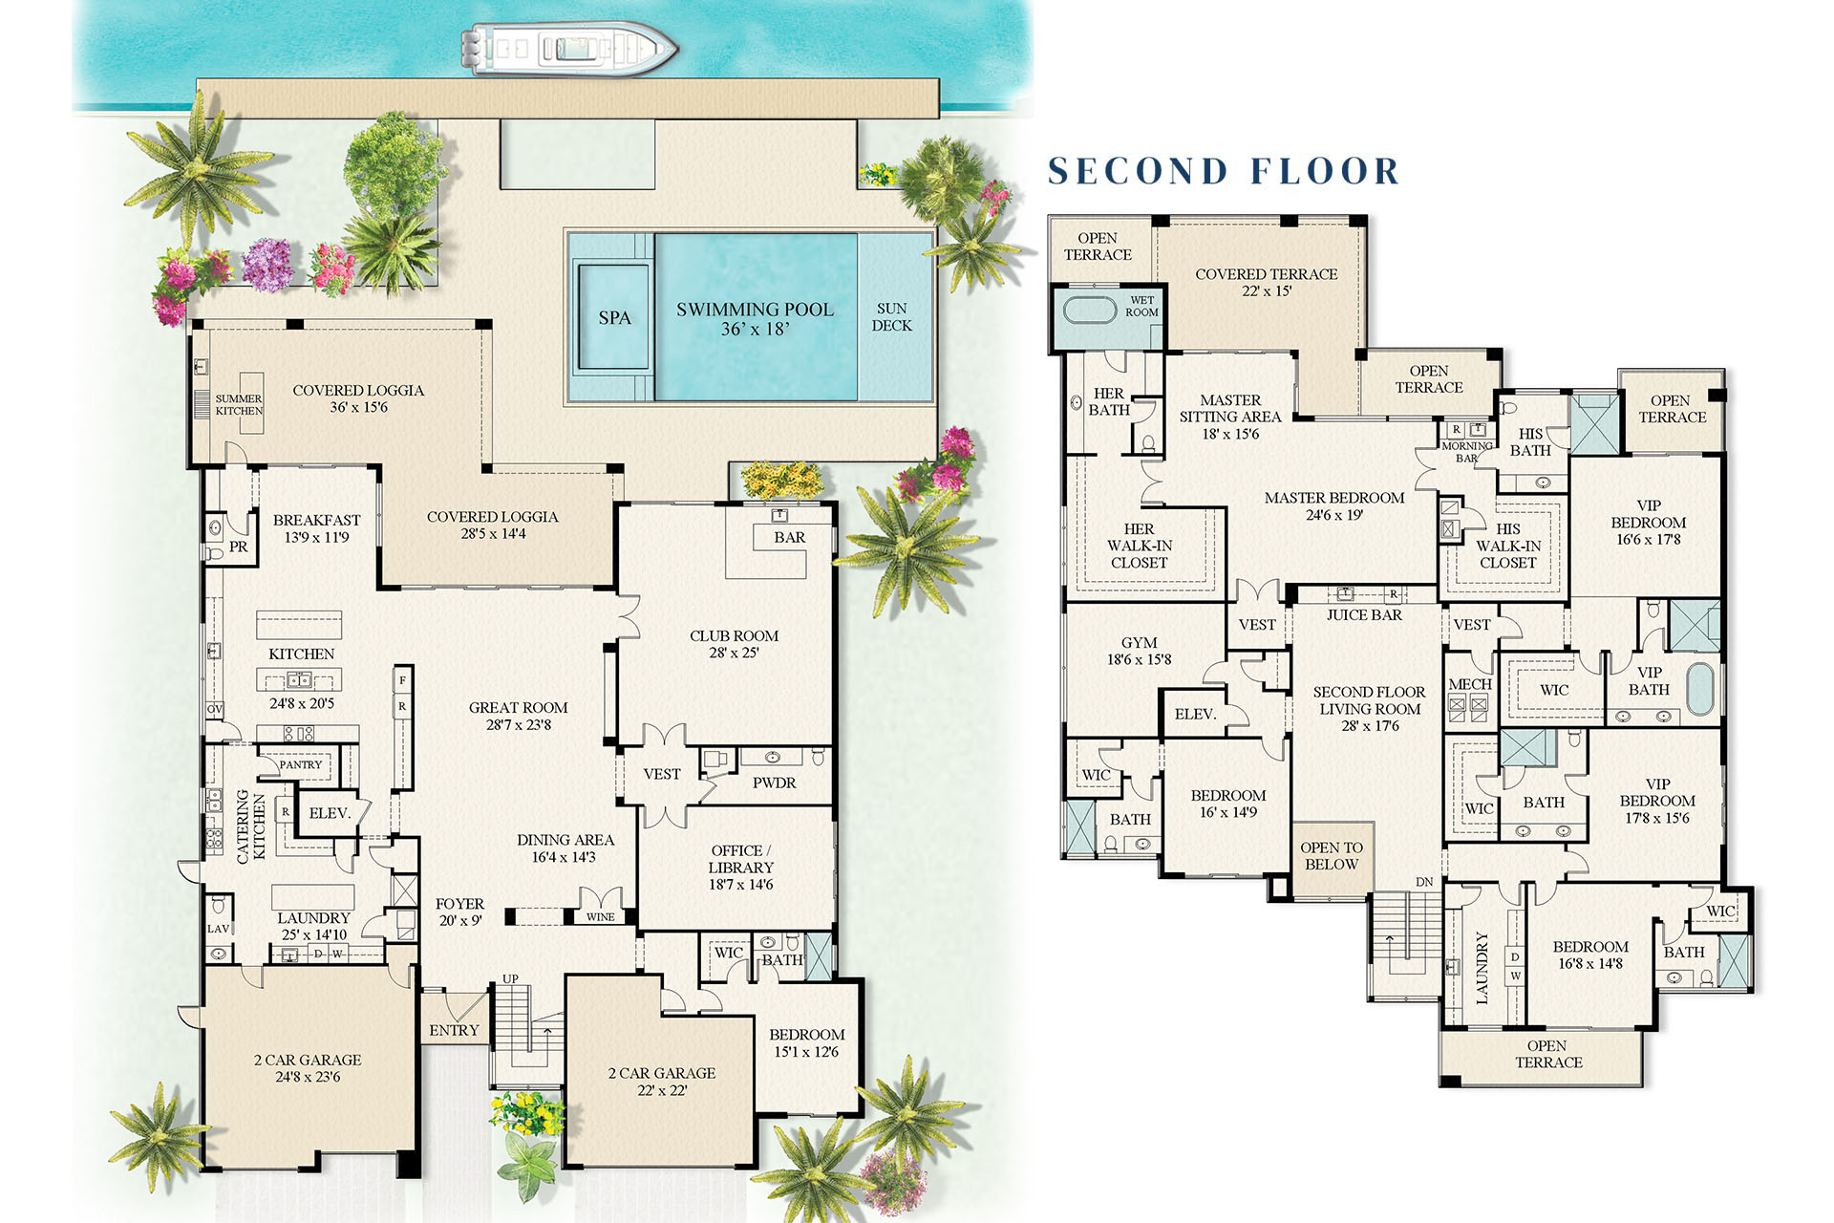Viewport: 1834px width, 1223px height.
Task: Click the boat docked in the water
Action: coord(569,49)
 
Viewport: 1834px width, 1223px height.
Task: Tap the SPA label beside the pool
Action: coord(614,318)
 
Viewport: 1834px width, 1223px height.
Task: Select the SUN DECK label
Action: coord(891,317)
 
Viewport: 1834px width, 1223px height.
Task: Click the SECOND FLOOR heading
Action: coord(1224,172)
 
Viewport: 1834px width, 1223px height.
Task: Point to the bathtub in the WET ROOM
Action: coord(1089,311)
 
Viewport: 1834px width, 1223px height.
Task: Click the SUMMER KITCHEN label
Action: coord(238,405)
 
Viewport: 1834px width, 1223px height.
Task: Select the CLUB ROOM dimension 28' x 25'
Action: coord(734,654)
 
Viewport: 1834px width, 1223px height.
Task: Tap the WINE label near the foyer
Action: coord(601,917)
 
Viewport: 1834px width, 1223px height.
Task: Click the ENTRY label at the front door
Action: coord(454,1030)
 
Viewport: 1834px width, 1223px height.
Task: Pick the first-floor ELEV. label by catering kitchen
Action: coord(330,813)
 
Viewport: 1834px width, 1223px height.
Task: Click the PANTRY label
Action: coord(301,764)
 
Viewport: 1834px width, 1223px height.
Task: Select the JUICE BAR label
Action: coord(1364,615)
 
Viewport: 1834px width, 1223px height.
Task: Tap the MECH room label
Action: coord(1469,684)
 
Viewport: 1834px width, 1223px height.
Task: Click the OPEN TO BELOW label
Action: coord(1332,856)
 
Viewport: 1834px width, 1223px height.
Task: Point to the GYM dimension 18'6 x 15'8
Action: coord(1139,659)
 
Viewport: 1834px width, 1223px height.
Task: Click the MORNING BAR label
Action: coord(1467,452)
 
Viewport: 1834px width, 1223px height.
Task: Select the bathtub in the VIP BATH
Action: coord(1700,688)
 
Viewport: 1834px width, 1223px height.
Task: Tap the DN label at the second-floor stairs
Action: coord(1424,882)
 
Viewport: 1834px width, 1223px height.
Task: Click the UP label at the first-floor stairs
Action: coord(511,979)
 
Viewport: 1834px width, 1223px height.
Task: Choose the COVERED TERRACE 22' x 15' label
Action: coord(1267,282)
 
